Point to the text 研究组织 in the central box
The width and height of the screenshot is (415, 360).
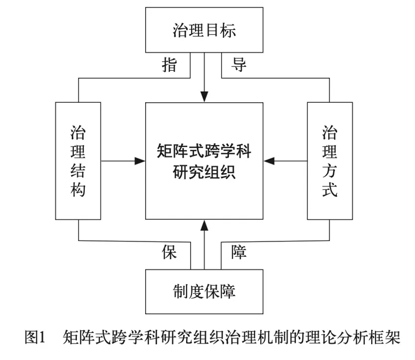pyautogui.click(x=204, y=173)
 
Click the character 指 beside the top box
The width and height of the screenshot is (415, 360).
pyautogui.click(x=170, y=65)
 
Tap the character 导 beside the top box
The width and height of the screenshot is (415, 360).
pyautogui.click(x=239, y=65)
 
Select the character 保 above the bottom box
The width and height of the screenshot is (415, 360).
pyautogui.click(x=170, y=252)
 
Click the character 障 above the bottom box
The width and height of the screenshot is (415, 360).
pyautogui.click(x=239, y=252)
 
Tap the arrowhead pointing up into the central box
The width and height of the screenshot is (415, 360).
pyautogui.click(x=204, y=225)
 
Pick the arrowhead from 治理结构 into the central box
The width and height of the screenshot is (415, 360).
pyautogui.click(x=140, y=161)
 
